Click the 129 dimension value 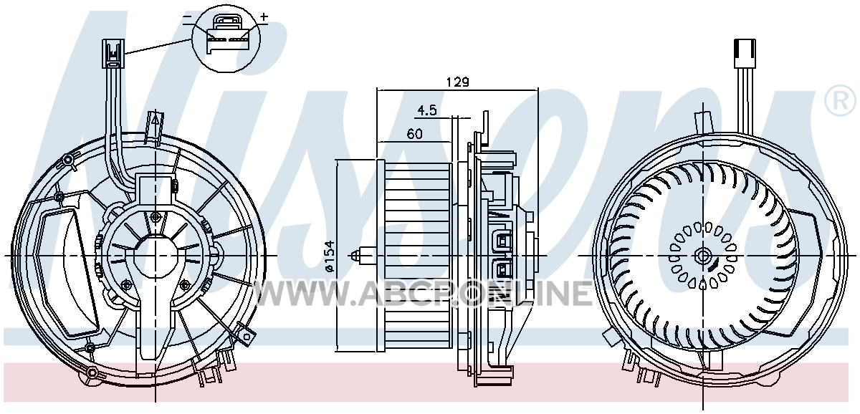[x=458, y=82]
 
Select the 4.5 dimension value [x=427, y=110]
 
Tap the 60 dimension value [x=414, y=134]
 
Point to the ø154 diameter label [x=330, y=256]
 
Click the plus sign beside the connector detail [x=264, y=16]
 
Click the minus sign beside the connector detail [x=187, y=17]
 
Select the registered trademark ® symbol [x=841, y=101]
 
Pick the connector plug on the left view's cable [x=113, y=53]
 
